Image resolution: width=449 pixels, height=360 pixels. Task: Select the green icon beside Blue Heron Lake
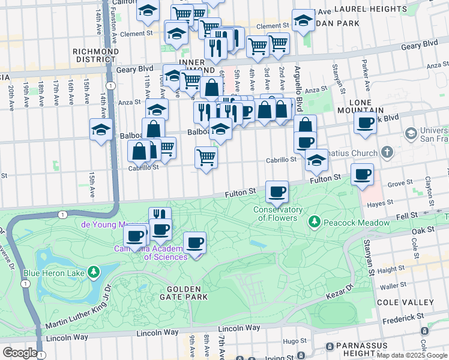point(93,273)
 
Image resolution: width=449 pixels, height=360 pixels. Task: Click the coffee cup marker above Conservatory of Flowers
point(277,192)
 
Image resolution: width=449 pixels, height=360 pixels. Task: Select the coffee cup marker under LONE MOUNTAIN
point(364,124)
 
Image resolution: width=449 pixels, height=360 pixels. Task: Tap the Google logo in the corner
point(20,353)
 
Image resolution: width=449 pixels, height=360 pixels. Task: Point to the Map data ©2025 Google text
point(411,355)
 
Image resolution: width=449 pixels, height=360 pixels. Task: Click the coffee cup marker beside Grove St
point(362,175)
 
